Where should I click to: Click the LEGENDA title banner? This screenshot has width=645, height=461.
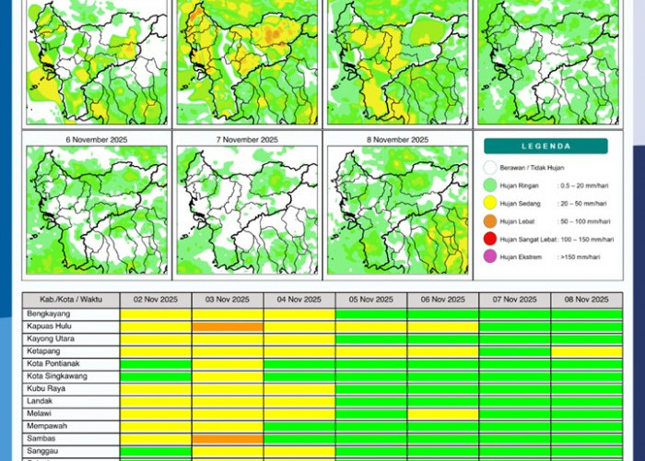tap(545, 146)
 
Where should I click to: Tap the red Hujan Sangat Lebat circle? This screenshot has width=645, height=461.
tap(489, 239)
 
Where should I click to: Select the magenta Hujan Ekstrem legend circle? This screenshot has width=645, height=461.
tap(489, 256)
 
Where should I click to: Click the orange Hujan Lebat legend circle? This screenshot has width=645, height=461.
tap(489, 221)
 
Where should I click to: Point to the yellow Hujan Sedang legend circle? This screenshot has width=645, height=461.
tap(489, 203)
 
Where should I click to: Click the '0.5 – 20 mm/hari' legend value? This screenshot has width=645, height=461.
tap(582, 185)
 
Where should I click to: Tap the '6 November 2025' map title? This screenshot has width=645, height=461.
tap(97, 139)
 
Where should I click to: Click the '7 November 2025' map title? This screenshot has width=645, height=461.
tap(247, 139)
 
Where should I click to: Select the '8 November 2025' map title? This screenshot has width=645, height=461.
tap(397, 139)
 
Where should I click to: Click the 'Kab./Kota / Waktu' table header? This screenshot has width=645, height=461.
tap(71, 300)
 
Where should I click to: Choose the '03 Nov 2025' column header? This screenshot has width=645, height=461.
tap(228, 300)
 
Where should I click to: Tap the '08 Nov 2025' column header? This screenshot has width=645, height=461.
tap(586, 300)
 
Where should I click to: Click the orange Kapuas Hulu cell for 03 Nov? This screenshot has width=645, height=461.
tap(228, 326)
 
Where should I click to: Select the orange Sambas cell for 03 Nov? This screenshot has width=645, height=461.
tap(228, 439)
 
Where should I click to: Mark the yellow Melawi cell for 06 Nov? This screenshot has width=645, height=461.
tap(442, 414)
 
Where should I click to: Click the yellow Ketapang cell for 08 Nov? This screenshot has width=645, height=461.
tap(586, 351)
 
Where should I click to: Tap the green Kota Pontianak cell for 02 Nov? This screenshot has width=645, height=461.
tap(156, 364)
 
